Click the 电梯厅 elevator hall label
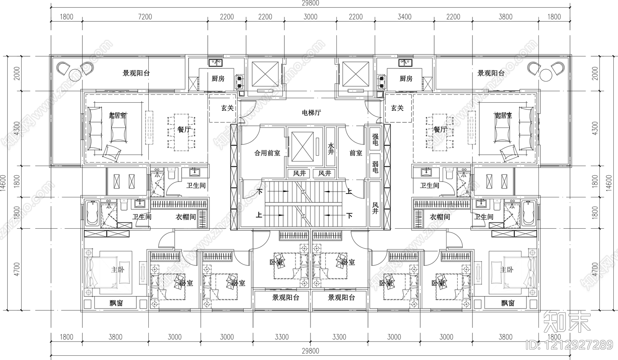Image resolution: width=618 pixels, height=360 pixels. pyautogui.click(x=311, y=113)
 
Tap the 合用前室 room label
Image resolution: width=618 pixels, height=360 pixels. pyautogui.click(x=267, y=153)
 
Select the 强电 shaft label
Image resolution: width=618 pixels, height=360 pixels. pyautogui.click(x=375, y=140)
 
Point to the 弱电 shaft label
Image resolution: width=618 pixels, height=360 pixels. pyautogui.click(x=375, y=167)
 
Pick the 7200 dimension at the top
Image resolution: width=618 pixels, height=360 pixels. pyautogui.click(x=145, y=17)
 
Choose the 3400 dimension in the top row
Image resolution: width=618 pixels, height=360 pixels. pyautogui.click(x=404, y=17)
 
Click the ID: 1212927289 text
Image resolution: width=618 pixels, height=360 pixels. pyautogui.click(x=569, y=344)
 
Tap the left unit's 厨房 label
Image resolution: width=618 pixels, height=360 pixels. pyautogui.click(x=218, y=79)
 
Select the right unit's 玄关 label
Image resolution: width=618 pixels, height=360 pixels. pyautogui.click(x=397, y=108)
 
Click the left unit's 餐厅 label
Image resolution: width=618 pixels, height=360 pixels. pyautogui.click(x=184, y=130)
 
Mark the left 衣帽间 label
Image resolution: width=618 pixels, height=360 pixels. pyautogui.click(x=186, y=217)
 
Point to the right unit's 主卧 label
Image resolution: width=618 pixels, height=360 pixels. pyautogui.click(x=507, y=270)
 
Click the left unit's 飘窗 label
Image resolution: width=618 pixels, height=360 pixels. pyautogui.click(x=115, y=303)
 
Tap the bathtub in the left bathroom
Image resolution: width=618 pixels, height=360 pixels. pyautogui.click(x=92, y=213)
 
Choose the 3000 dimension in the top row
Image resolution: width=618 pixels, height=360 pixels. pyautogui.click(x=310, y=17)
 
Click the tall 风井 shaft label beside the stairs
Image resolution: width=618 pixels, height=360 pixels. pyautogui.click(x=375, y=209)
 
